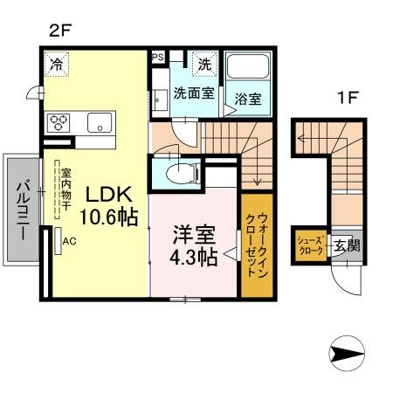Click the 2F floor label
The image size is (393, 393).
[60, 31]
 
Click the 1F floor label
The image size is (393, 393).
[347, 98]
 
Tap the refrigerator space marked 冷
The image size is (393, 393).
[56, 64]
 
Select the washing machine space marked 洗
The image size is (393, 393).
[205, 64]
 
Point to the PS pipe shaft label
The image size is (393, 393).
[158, 57]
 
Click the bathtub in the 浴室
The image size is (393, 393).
[248, 65]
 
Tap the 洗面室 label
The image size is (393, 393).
[194, 93]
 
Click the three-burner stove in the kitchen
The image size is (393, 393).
[59, 123]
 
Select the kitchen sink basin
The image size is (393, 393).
[100, 122]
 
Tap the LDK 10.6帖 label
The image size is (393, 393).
[108, 206]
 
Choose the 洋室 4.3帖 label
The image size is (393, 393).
[194, 246]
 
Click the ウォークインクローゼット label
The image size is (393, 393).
[257, 245]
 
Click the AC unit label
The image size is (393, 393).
[70, 241]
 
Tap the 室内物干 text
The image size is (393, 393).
[66, 190]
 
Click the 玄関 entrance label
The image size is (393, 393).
[347, 246]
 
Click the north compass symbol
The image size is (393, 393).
[347, 353]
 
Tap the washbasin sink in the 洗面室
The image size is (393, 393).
[160, 100]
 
